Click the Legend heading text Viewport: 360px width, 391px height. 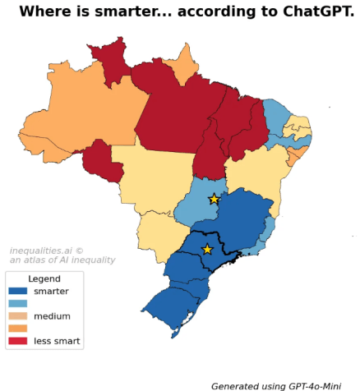44,278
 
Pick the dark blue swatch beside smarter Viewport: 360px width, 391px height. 17,291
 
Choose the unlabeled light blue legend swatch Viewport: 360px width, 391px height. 17,303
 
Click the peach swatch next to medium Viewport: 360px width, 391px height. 17,315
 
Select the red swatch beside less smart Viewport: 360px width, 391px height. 17,340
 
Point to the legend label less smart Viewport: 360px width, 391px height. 57,340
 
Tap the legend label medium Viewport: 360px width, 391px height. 52,315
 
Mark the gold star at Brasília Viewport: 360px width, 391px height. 214,199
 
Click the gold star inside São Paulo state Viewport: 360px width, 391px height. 207,249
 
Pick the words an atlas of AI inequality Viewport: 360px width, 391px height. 62,260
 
